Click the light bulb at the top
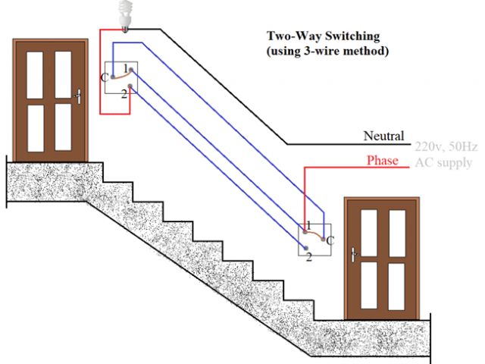pyautogui.click(x=124, y=14)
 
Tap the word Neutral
pyautogui.click(x=383, y=136)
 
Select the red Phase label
pyautogui.click(x=383, y=161)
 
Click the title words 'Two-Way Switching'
pyautogui.click(x=323, y=36)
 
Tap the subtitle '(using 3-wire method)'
pyautogui.click(x=327, y=52)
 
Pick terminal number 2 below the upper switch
pyautogui.click(x=123, y=93)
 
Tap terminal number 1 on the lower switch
pyautogui.click(x=308, y=226)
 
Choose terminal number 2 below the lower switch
pyautogui.click(x=308, y=258)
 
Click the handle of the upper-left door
pyautogui.click(x=78, y=96)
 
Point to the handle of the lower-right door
pyautogui.click(x=353, y=256)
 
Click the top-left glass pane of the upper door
pyautogui.click(x=35, y=74)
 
